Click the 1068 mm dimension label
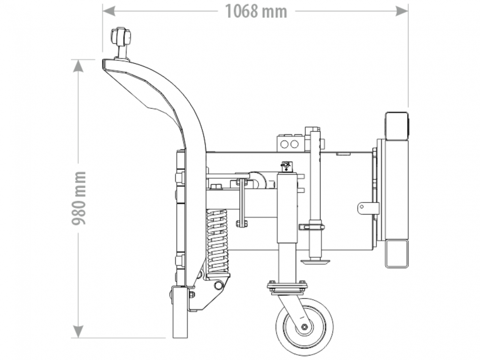point(256,11)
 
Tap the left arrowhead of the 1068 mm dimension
point(109,11)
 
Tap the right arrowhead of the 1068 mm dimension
point(402,11)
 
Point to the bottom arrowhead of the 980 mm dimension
point(78,331)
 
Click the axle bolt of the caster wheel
point(304,327)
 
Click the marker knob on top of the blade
point(121,36)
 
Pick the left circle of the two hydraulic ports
point(284,144)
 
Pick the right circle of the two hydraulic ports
point(295,144)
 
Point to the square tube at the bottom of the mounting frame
point(397,253)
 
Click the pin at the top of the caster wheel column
point(286,165)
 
